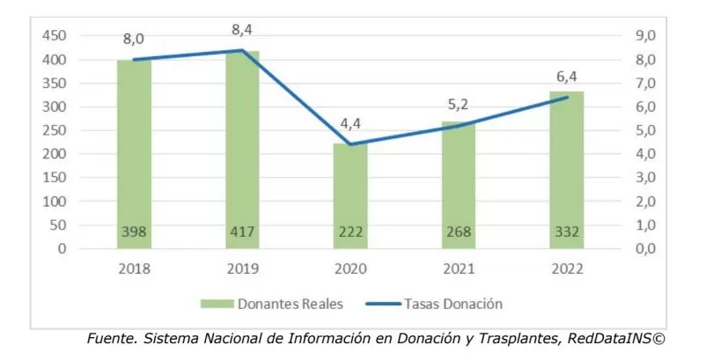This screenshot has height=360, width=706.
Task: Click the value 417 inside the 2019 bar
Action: (x=242, y=234)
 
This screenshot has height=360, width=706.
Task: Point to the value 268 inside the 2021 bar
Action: (x=459, y=234)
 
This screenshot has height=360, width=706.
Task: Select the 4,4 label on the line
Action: (x=350, y=122)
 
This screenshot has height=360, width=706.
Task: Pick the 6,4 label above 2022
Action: (x=566, y=76)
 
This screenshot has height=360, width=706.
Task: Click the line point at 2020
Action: (x=350, y=144)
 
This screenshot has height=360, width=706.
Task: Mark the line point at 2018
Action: (x=134, y=60)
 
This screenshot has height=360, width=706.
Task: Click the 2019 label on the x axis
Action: (x=242, y=269)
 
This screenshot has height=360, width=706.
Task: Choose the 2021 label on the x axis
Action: (x=459, y=269)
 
